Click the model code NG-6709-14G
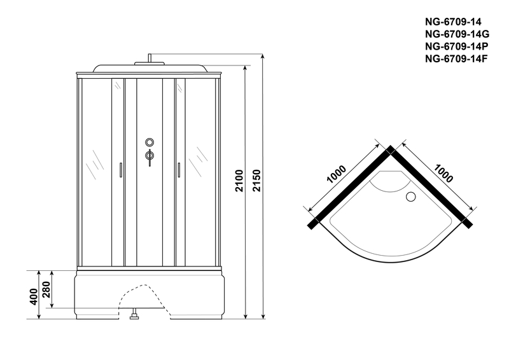(457, 34)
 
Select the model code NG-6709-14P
(456, 46)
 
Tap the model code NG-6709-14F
(456, 59)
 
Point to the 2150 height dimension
(256, 181)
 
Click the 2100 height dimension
(239, 181)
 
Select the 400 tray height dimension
(34, 296)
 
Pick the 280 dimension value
(46, 289)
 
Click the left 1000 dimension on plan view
(337, 174)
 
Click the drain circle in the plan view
(411, 197)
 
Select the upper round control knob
(150, 142)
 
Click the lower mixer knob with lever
(150, 157)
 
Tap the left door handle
(121, 170)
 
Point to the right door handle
(178, 170)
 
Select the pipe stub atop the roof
(150, 58)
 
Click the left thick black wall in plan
(351, 188)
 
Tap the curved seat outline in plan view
(389, 181)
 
